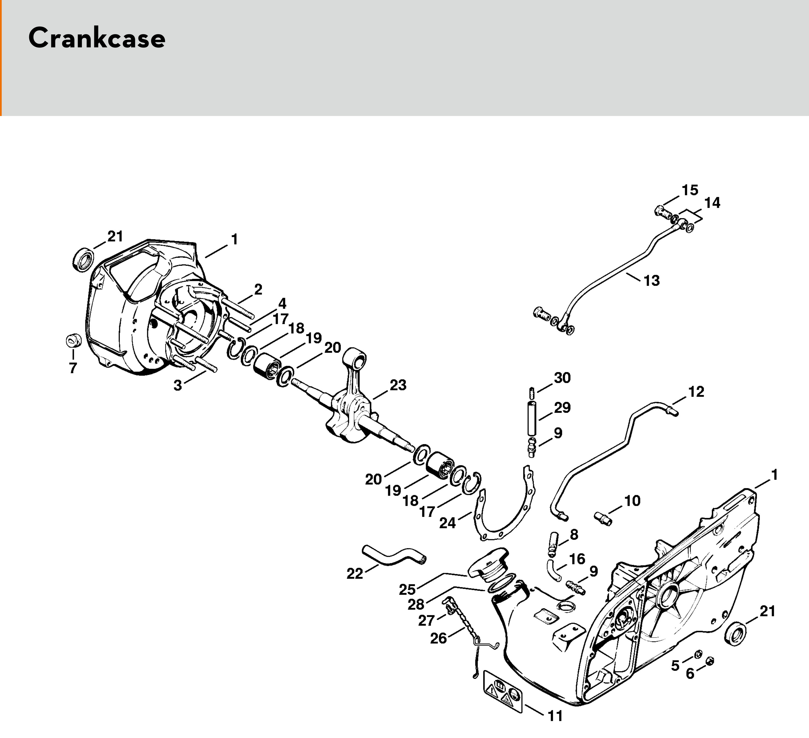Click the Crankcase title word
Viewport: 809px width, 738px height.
point(97,39)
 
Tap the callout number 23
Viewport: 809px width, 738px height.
point(398,385)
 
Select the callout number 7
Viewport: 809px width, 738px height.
point(73,368)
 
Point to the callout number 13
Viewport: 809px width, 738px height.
point(651,280)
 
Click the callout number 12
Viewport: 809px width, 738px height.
point(696,391)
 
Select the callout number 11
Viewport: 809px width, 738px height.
point(556,716)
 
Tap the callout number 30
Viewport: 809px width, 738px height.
point(562,378)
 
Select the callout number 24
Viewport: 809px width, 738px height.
point(448,523)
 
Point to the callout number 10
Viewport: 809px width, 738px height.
point(632,501)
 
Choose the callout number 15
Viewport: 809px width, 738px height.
point(690,190)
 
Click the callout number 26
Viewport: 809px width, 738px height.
point(438,638)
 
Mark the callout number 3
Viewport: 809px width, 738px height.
point(177,385)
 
